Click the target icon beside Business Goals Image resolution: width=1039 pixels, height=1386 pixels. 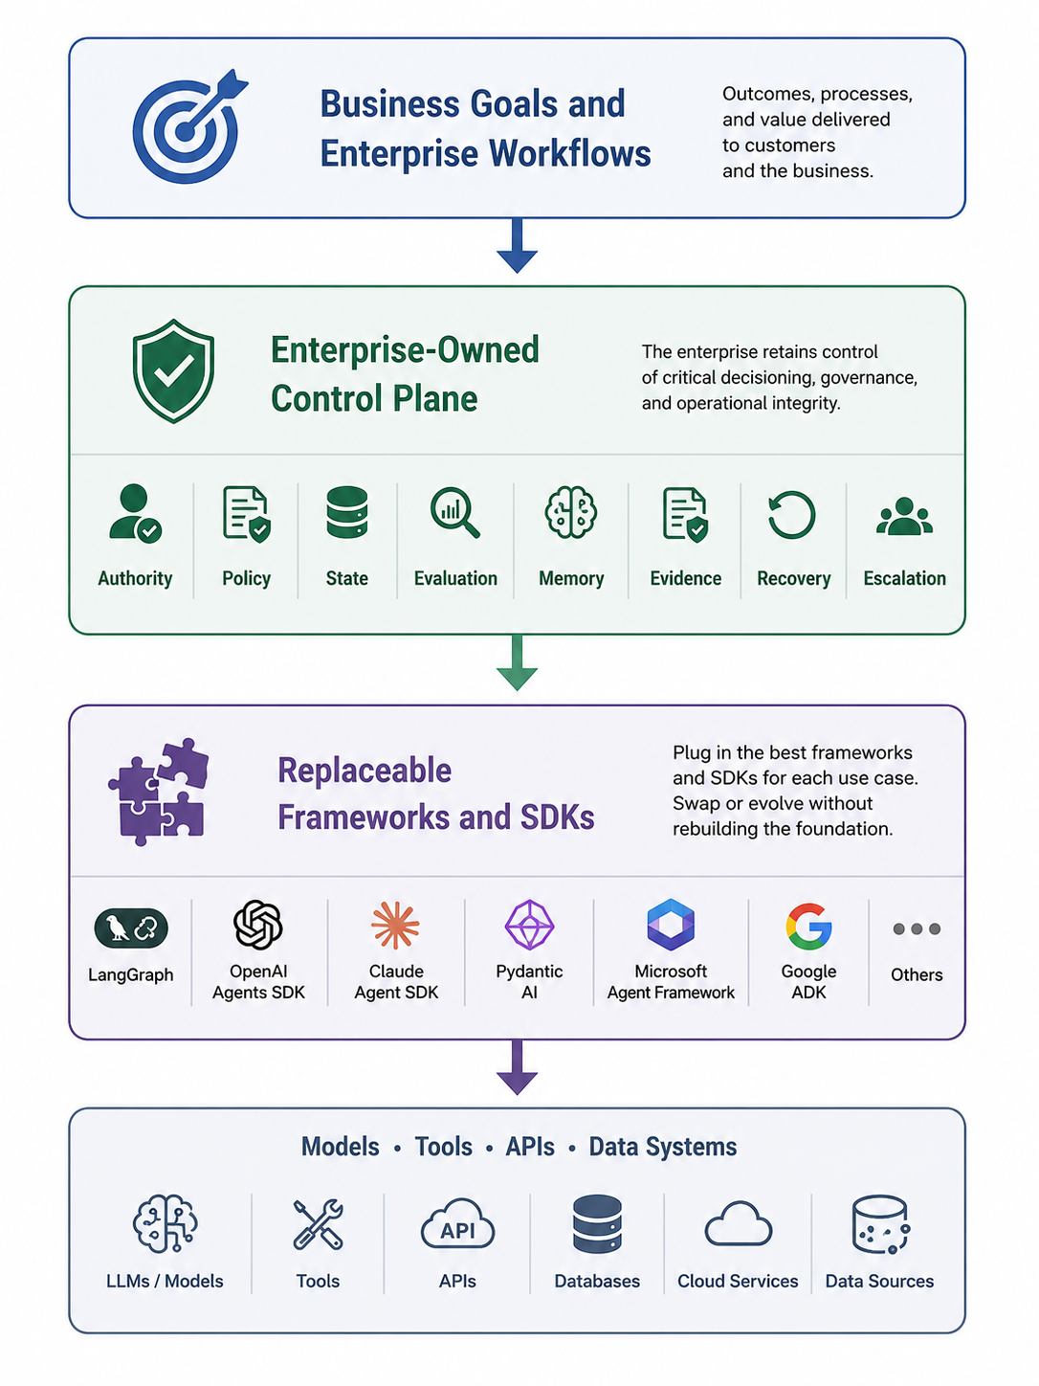tap(187, 128)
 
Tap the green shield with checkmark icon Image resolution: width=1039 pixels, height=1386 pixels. tap(173, 370)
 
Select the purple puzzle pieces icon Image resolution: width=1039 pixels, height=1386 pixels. tap(159, 792)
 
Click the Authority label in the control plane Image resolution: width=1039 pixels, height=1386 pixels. tap(135, 578)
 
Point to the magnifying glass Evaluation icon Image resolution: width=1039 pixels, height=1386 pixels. tap(454, 513)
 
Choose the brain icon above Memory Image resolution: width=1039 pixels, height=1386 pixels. tap(571, 512)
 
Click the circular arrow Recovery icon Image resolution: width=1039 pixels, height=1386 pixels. tap(792, 515)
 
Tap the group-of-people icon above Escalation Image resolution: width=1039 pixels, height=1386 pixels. tap(904, 517)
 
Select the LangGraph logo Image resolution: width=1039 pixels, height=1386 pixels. tap(131, 928)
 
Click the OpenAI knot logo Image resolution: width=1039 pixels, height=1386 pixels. tap(258, 925)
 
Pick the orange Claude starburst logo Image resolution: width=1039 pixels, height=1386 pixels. tap(395, 926)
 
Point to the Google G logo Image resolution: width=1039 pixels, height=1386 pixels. tap(808, 927)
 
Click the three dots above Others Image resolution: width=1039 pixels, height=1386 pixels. tap(917, 928)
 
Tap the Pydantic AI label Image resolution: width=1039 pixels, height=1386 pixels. tap(529, 982)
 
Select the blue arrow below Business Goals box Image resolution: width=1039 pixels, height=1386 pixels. tap(518, 246)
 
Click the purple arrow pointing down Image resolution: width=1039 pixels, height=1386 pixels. tap(518, 1067)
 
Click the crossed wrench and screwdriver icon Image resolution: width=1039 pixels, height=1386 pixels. tap(318, 1224)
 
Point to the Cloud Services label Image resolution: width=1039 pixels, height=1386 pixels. tap(738, 1281)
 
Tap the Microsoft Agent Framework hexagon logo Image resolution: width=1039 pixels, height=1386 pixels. tap(671, 925)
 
